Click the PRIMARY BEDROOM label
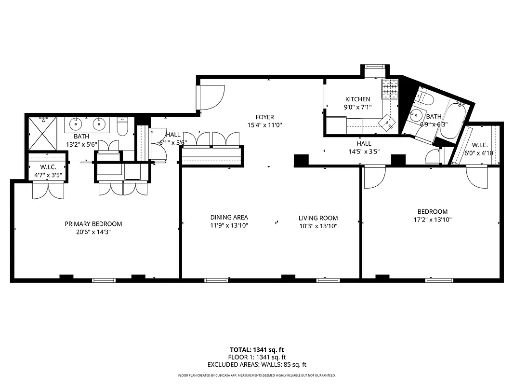tap(93, 224)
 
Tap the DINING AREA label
tap(229, 218)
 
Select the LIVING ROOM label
tap(318, 218)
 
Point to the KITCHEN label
tap(357, 99)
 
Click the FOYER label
tap(264, 117)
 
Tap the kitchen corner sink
tap(387, 122)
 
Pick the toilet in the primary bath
tap(122, 126)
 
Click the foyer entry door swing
tap(210, 97)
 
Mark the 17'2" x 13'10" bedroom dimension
tap(432, 220)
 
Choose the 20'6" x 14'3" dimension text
tap(93, 232)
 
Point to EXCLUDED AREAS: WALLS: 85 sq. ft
tap(257, 365)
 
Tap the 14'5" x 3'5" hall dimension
tap(364, 152)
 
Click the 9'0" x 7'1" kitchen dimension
tap(357, 108)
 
